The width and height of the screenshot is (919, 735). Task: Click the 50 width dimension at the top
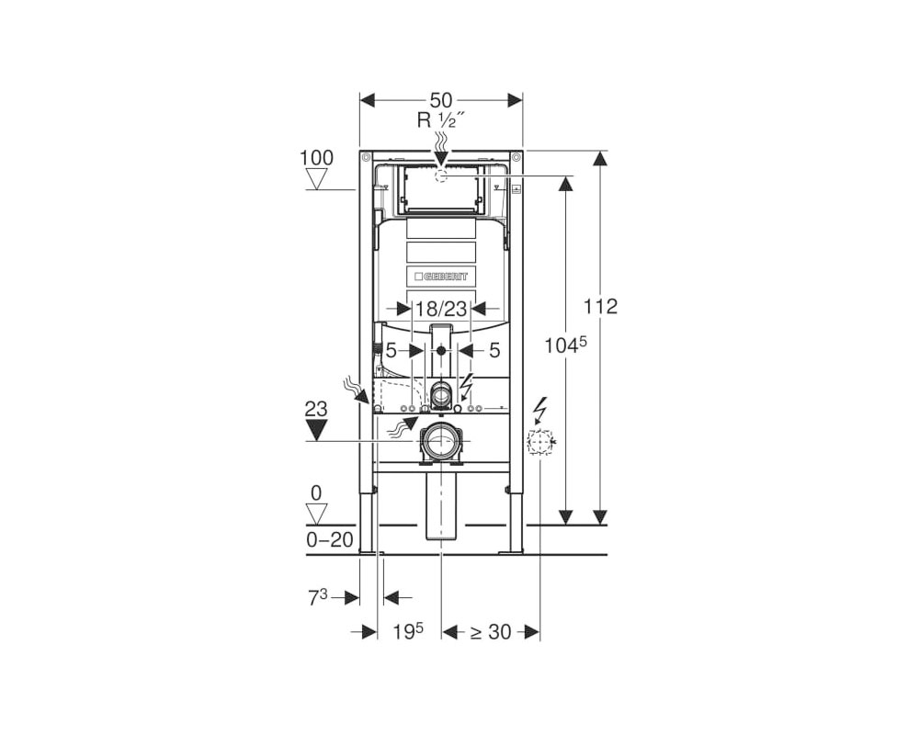441,99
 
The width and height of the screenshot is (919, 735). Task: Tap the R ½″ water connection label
441,120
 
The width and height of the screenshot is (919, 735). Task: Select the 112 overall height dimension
601,306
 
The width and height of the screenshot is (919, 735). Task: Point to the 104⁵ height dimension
565,345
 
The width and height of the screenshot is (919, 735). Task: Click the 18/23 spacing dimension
441,308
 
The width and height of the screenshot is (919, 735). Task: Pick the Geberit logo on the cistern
441,276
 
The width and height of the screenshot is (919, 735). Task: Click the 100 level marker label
316,158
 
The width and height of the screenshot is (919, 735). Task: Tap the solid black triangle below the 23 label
316,430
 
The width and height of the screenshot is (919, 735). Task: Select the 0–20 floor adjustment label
330,540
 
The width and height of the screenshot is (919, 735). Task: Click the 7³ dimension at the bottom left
318,598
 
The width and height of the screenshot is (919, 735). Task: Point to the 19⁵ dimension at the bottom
408,631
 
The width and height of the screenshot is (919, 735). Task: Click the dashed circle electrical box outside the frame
539,442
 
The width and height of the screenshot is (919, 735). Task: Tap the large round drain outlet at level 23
441,442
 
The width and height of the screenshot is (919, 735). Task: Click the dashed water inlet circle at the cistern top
441,175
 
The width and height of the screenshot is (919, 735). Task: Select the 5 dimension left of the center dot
391,350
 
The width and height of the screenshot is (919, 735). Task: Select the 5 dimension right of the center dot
494,350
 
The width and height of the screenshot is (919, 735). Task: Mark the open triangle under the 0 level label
316,514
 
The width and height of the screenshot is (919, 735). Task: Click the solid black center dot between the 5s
441,350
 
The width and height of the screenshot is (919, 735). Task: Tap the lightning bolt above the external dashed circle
540,410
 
